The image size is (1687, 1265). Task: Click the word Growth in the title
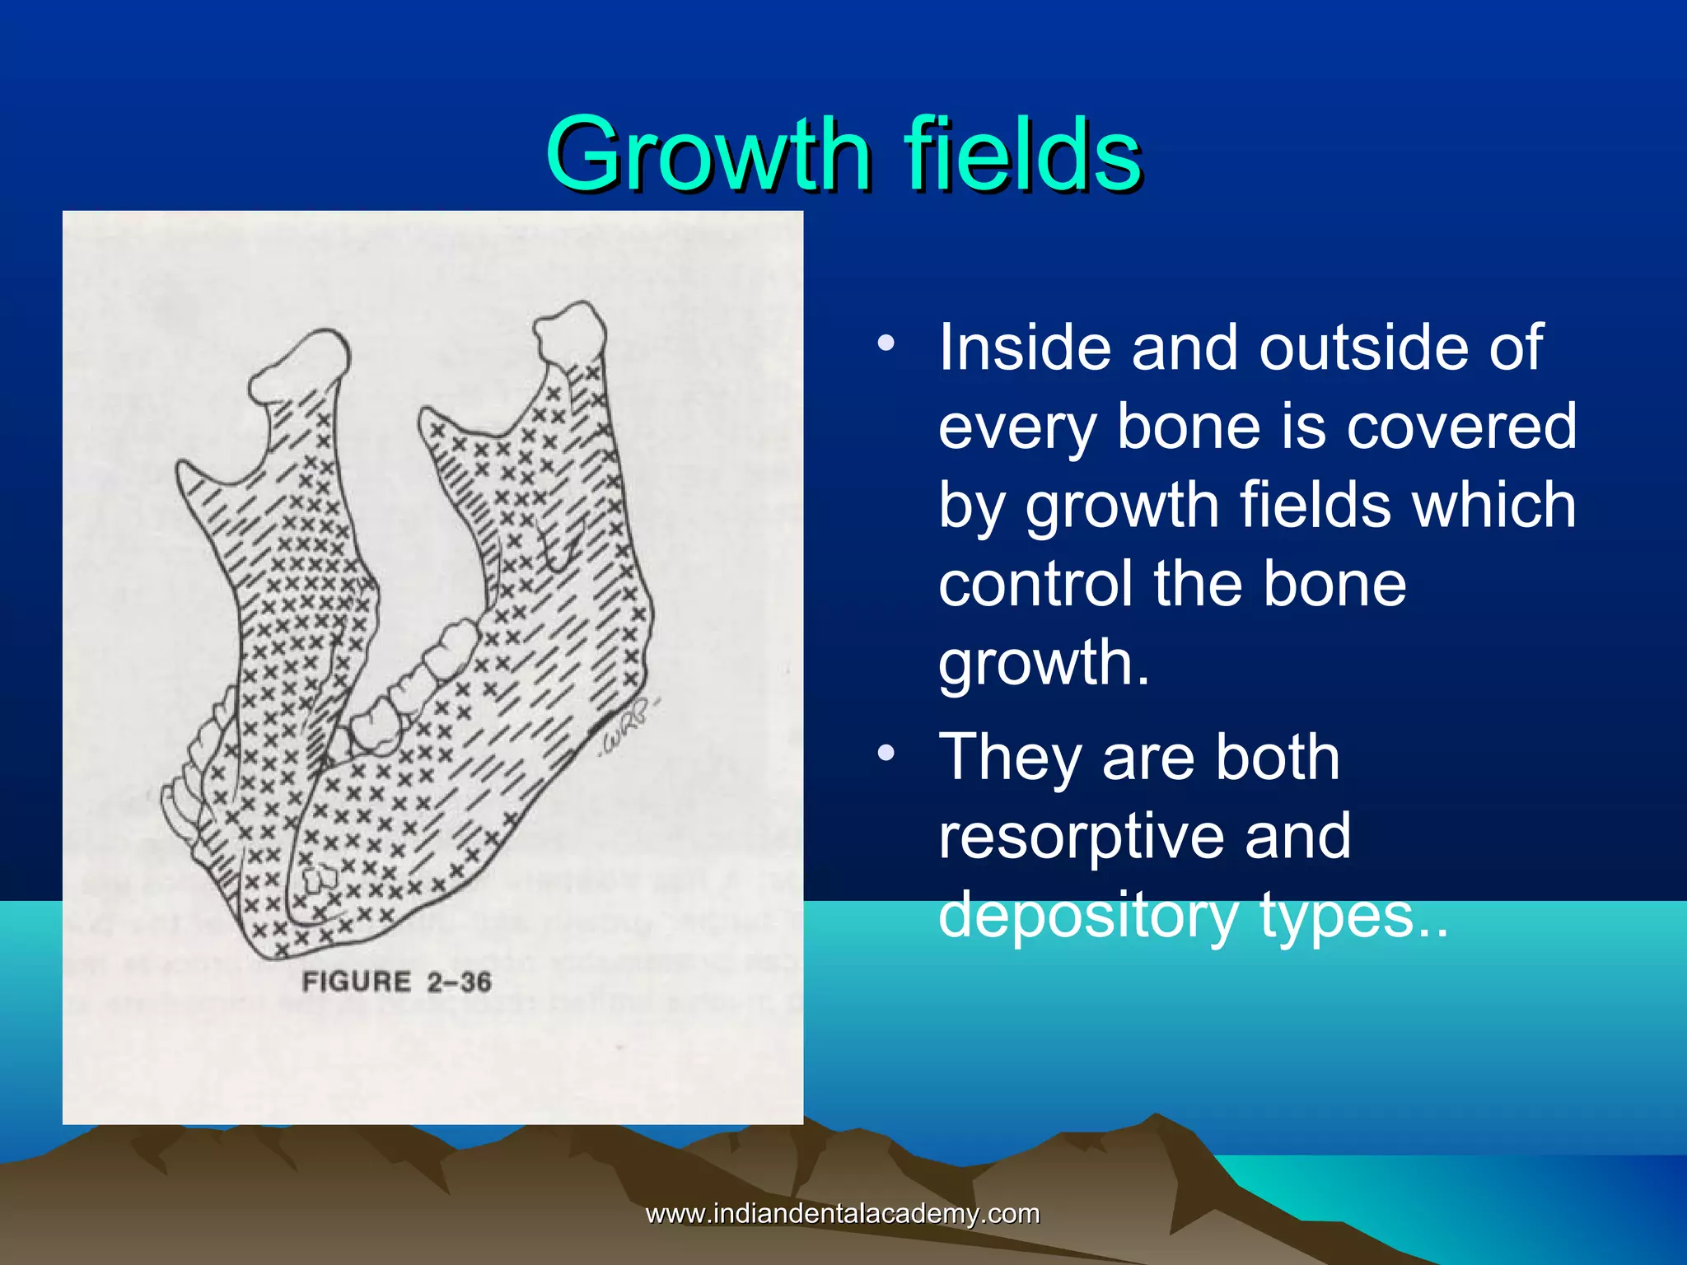(708, 155)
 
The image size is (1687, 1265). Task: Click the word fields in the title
(1022, 155)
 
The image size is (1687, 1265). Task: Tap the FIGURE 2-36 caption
(396, 982)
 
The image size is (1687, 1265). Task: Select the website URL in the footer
(842, 1213)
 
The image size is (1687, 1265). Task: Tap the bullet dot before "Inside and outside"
(886, 342)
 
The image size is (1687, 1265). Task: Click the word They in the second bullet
(1010, 757)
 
